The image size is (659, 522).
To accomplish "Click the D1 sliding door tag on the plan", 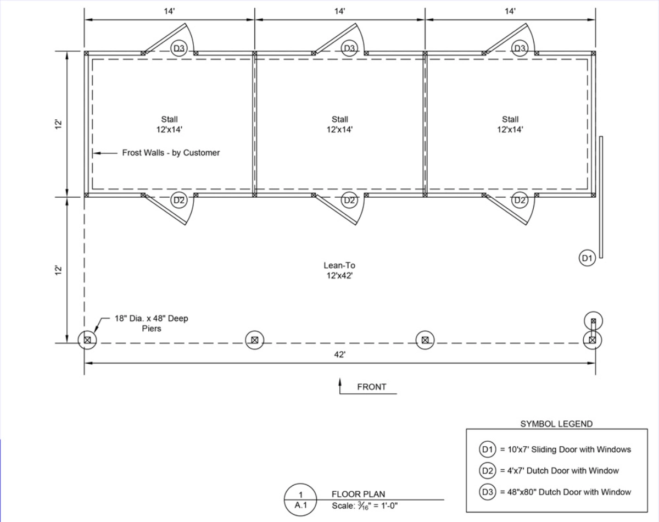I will tap(587, 257).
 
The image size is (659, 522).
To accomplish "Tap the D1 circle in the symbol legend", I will tap(487, 449).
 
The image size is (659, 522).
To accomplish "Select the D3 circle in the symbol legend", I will tap(487, 492).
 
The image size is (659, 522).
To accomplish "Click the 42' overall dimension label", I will tap(340, 355).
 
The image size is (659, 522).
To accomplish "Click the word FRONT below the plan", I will tap(372, 387).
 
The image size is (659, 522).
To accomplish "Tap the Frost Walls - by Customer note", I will tap(171, 153).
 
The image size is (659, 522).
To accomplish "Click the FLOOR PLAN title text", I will tap(354, 495).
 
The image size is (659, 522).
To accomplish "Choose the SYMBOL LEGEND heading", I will tap(556, 424).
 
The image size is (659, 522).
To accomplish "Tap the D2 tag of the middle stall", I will tap(349, 200).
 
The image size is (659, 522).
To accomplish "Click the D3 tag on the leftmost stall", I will tap(179, 48).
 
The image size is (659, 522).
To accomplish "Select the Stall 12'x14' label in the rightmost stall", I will tap(510, 124).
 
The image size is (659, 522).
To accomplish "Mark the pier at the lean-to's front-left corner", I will tap(87, 340).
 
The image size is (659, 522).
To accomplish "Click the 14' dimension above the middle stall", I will tap(340, 12).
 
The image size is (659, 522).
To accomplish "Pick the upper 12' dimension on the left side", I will tap(58, 124).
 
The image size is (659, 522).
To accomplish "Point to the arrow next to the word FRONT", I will tap(340, 386).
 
